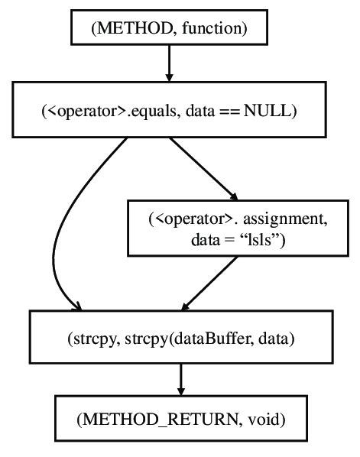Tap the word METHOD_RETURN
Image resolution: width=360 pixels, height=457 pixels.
tap(155, 419)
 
